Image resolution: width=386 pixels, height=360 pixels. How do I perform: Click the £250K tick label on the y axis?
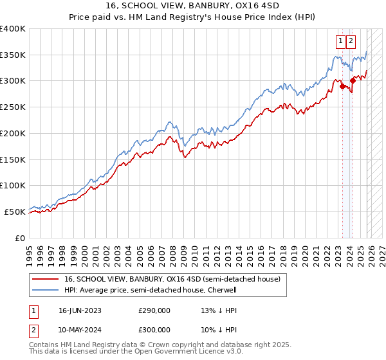click(13, 107)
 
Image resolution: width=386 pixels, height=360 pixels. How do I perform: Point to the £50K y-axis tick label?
click(15, 212)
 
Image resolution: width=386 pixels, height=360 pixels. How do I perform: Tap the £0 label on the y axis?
click(20, 238)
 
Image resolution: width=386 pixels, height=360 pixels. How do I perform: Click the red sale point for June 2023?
click(342, 86)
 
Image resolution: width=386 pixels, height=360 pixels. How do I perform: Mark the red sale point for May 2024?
click(353, 81)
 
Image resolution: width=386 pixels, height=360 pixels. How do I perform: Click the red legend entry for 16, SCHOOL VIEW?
click(172, 280)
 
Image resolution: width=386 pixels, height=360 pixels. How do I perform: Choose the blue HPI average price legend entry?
click(151, 291)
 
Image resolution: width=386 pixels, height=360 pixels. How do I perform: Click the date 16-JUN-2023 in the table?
click(80, 310)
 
